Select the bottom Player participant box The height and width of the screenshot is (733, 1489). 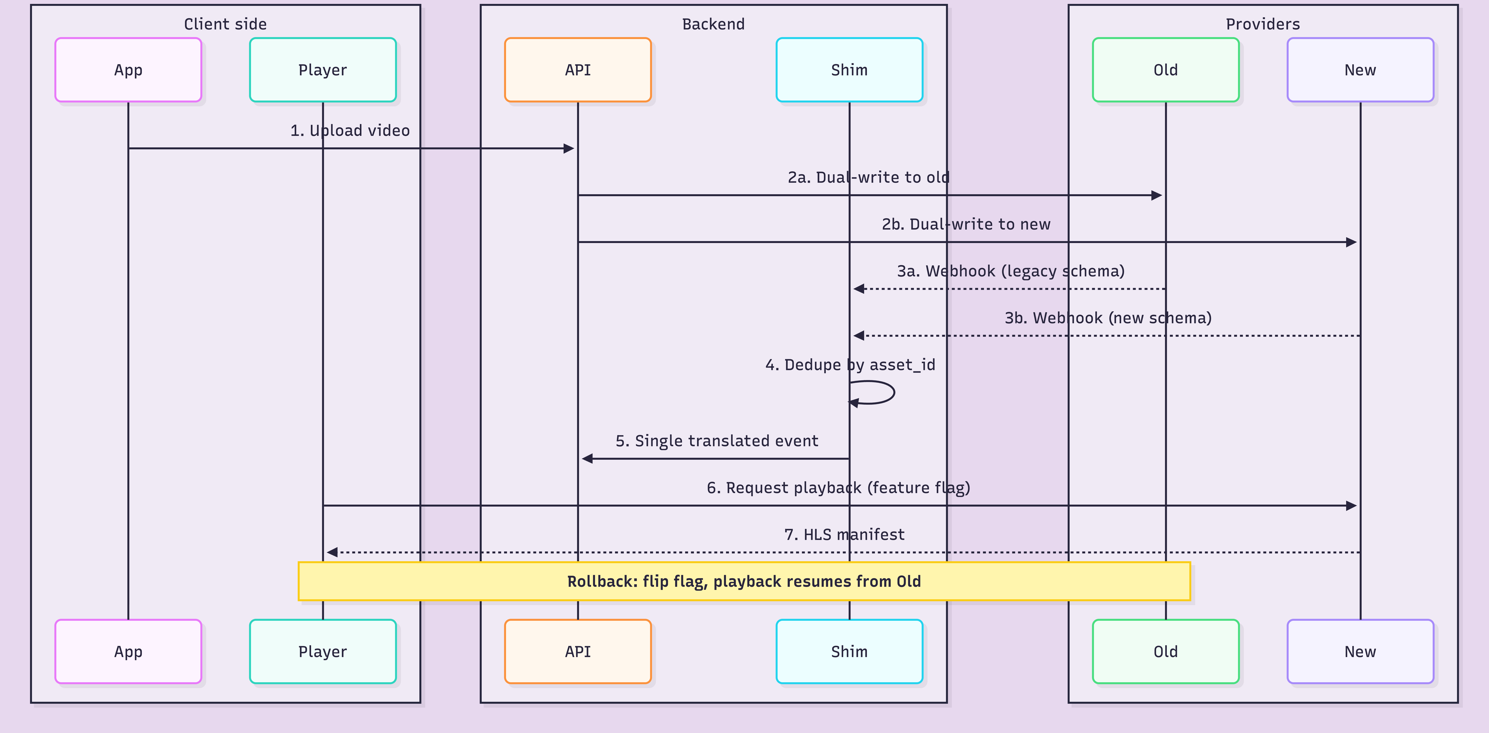tap(323, 651)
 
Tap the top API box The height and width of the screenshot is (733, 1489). tap(577, 70)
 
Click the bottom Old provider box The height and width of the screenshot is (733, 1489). tap(1165, 651)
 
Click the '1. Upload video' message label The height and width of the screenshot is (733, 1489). tap(350, 131)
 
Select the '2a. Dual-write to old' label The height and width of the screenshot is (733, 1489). tap(868, 177)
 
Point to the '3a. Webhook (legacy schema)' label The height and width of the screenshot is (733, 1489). tap(1010, 271)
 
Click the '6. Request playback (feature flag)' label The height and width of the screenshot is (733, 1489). tap(838, 488)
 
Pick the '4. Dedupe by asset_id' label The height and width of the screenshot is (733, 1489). tap(850, 365)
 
